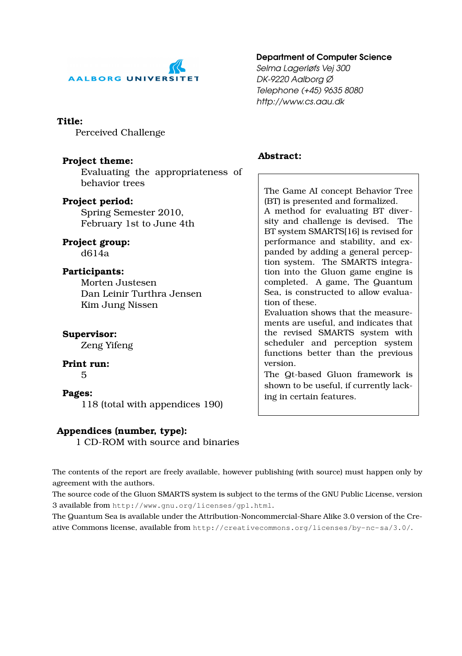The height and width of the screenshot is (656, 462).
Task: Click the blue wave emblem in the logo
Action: pos(177,67)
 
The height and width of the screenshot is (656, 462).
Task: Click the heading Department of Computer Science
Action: pos(324,57)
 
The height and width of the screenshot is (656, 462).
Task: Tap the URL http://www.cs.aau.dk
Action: pos(300,101)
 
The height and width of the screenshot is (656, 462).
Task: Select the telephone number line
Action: pos(310,90)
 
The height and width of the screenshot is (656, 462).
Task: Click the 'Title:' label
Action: pos(70,121)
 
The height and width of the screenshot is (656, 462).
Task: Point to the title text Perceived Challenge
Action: pos(120,132)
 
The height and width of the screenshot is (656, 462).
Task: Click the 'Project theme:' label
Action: pos(98,161)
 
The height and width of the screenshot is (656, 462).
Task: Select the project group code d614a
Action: pos(95,253)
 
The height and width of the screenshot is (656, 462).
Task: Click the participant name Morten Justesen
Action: pos(119,282)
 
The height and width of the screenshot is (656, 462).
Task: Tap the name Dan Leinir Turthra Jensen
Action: pos(141,294)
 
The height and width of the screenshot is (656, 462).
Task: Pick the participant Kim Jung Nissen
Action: pos(119,305)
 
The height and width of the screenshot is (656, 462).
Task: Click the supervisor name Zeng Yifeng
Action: pos(107,345)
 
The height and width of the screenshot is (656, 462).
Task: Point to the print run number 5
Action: pos(84,375)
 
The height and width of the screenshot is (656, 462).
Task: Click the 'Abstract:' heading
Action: pos(279,156)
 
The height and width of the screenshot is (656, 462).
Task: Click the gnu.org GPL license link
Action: pos(192,505)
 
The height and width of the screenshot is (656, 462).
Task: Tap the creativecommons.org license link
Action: pos(302,528)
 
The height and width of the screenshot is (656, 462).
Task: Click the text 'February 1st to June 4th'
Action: pos(138,223)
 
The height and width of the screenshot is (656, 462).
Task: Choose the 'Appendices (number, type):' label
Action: pos(122,431)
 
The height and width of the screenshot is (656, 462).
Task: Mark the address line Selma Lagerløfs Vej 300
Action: pos(303,68)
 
